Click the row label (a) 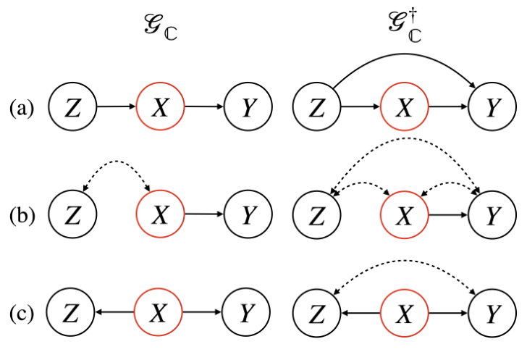click(x=22, y=108)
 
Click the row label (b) click(x=22, y=215)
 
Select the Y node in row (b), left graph click(x=249, y=215)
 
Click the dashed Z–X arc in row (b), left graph click(x=116, y=172)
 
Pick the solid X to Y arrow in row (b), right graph click(x=448, y=215)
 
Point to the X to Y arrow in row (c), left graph click(x=204, y=313)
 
